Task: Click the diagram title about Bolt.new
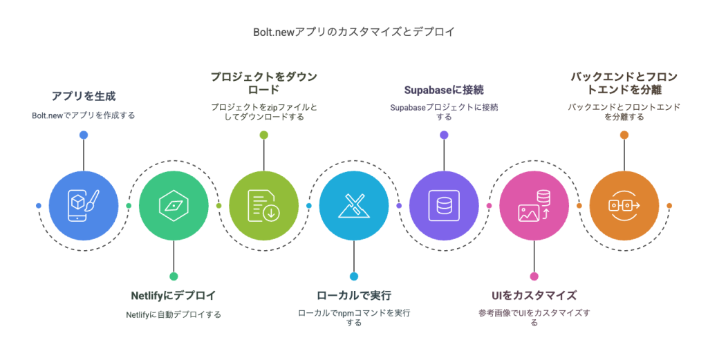coord(353,32)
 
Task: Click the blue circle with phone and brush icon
coord(84,206)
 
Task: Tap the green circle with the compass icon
coord(174,206)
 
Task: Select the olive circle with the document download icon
coord(263,206)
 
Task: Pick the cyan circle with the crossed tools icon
coord(354,206)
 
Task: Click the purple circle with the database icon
coord(444,206)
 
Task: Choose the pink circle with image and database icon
coord(534,206)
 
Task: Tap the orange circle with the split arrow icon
coord(624,206)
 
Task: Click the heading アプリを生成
coord(84,96)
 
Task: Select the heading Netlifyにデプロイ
coord(174,296)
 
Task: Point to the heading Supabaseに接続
coord(444,90)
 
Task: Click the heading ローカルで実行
coord(354,296)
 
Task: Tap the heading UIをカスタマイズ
coord(534,296)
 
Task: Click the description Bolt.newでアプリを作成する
coord(84,115)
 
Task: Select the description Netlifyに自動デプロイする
coord(174,314)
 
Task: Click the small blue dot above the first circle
coord(84,135)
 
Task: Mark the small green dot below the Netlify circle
coord(174,276)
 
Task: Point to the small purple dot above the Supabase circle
coord(444,135)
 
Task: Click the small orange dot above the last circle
coord(624,135)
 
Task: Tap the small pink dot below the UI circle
coord(534,276)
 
